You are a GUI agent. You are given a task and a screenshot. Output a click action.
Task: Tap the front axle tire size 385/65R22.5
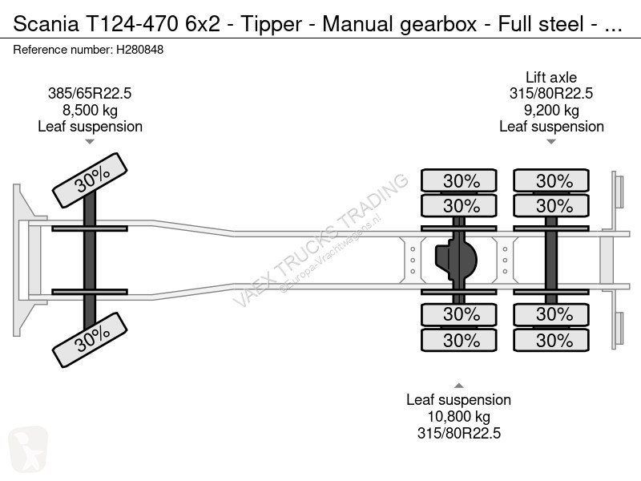(x=90, y=93)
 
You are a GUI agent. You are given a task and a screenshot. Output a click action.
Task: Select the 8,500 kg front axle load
(x=90, y=110)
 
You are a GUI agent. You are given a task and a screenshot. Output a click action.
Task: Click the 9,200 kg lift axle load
(x=551, y=110)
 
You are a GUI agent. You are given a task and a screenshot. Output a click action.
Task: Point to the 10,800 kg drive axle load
(x=458, y=416)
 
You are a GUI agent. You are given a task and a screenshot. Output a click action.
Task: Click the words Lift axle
(x=551, y=77)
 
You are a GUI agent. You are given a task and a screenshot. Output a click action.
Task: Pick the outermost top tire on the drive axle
(x=458, y=181)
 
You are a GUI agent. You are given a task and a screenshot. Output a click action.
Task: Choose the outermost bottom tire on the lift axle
(x=551, y=341)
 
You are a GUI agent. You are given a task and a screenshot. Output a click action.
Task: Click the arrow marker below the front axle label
(x=90, y=142)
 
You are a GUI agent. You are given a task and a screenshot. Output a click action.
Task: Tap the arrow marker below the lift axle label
(x=551, y=142)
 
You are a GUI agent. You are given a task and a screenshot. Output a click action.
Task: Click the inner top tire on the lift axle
(x=551, y=206)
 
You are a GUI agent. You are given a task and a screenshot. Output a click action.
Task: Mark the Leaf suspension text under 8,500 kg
(x=90, y=126)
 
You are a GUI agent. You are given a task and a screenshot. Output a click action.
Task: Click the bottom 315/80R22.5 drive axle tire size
(x=458, y=433)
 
